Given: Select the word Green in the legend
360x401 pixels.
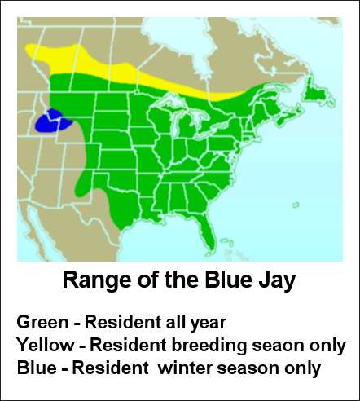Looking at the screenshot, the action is pos(42,322).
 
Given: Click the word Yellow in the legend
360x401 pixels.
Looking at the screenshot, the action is pos(46,345).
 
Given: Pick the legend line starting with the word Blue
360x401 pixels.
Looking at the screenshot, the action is pos(169,368).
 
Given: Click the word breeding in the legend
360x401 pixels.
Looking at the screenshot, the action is pos(209,346).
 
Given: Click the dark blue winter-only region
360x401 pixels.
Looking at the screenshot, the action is pos(53,121).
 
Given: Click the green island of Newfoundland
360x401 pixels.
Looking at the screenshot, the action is pos(317,93).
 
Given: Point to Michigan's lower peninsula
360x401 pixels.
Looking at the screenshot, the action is pos(189,123).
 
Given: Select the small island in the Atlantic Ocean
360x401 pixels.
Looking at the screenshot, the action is pos(296,205).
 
